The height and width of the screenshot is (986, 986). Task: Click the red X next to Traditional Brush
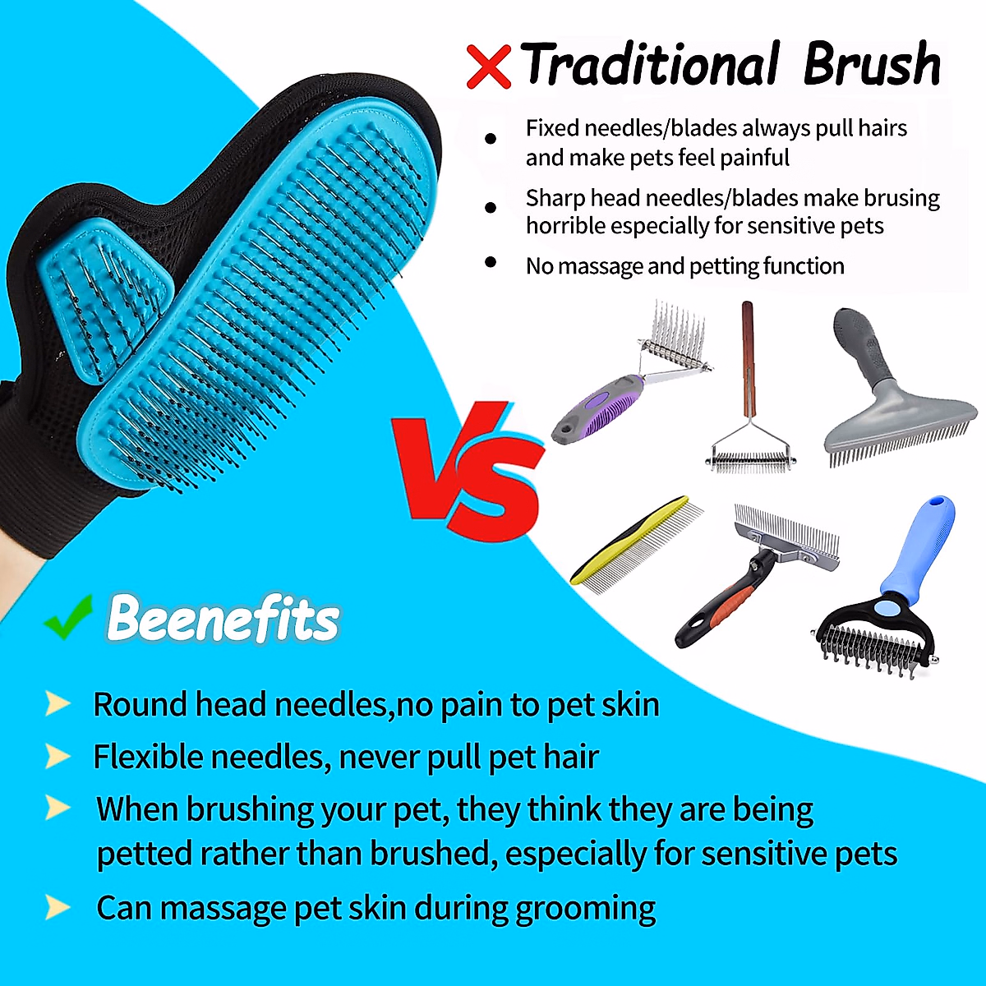489,67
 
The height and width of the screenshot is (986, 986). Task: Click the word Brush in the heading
872,64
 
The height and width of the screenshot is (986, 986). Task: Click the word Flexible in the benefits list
148,756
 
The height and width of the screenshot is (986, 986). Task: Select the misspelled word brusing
896,198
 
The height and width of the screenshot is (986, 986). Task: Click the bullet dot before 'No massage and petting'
491,263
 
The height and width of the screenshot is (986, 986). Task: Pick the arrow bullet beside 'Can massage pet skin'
57,907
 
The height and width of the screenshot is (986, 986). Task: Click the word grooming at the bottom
584,909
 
